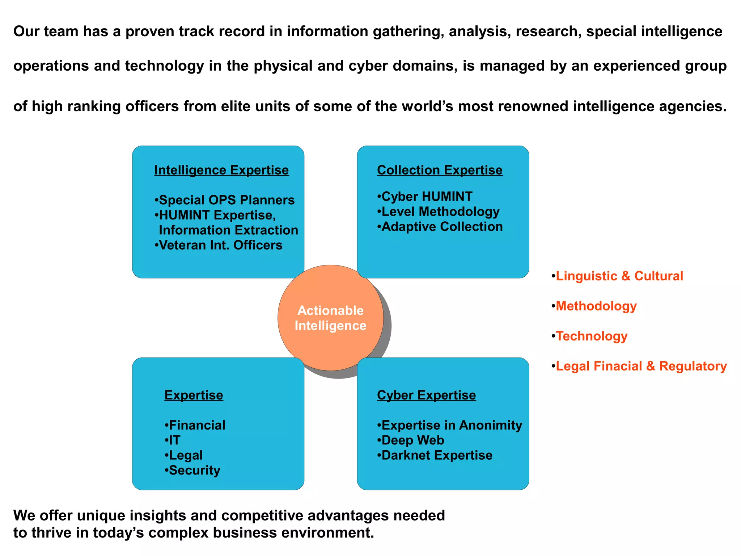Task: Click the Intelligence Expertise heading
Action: coord(221,170)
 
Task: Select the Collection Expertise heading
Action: coord(440,170)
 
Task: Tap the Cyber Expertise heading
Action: coord(426,395)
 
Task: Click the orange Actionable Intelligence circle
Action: coord(330,318)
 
